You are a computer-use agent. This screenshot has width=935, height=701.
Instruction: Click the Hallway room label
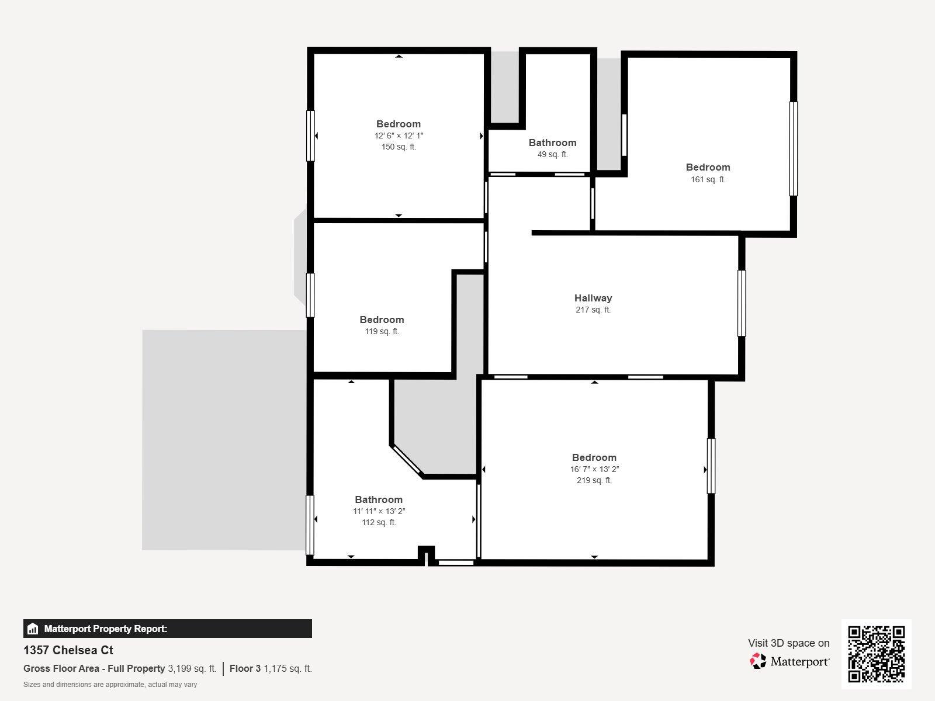coord(593,298)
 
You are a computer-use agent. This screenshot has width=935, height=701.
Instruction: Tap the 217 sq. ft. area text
coord(593,310)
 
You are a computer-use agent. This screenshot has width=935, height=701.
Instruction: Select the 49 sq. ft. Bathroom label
coord(552,143)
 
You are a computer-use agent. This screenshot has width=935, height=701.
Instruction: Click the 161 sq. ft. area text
coord(708,180)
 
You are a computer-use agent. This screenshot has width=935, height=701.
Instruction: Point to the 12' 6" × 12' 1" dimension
coord(399,136)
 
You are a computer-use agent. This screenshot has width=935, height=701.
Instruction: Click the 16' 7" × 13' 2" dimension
coord(594,469)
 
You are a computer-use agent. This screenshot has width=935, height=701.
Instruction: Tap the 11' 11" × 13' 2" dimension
coord(379,511)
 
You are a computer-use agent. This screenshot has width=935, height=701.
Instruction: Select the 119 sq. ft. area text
coord(382,332)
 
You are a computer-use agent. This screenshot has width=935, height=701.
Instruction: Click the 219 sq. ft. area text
coord(594,481)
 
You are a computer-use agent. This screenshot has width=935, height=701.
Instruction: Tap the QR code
coord(876,654)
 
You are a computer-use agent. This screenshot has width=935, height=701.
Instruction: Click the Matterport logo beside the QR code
coord(789,661)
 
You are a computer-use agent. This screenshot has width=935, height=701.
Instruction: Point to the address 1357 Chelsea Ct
coord(68,650)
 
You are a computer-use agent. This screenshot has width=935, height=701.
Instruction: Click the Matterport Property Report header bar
coord(167,629)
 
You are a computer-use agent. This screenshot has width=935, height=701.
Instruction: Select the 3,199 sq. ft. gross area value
coord(192,668)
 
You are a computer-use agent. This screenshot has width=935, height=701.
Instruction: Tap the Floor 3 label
coord(245,668)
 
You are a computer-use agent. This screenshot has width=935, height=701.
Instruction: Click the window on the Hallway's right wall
coord(741,303)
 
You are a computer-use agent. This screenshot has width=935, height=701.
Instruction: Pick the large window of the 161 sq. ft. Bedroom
coord(793,148)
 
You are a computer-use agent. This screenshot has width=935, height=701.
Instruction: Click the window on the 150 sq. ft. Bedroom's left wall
coord(310,136)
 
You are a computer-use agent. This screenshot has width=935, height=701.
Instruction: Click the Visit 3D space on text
coord(788,643)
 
